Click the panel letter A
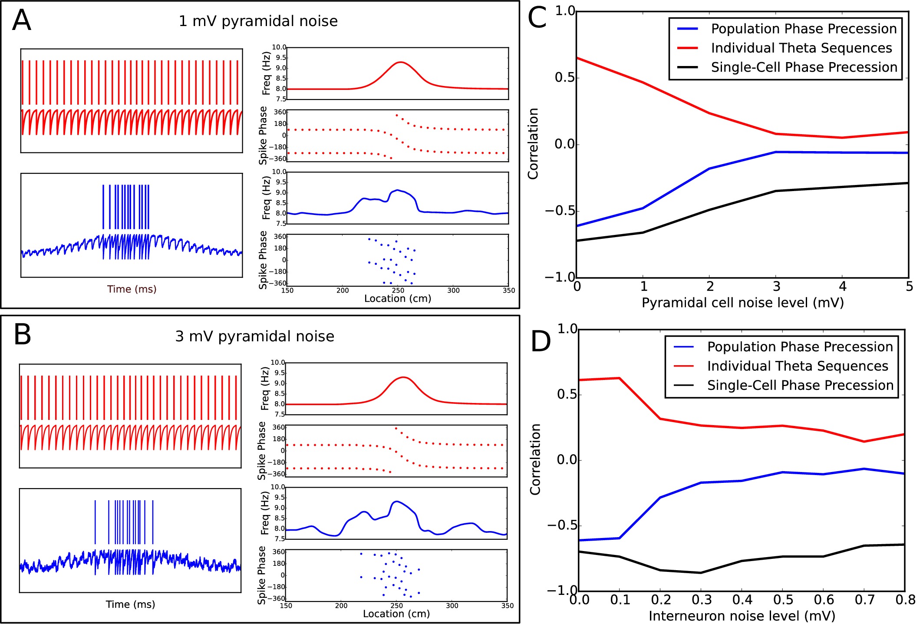click(22, 20)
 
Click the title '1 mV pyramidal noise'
click(258, 21)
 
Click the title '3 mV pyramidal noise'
click(255, 337)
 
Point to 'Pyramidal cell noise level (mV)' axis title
click(742, 303)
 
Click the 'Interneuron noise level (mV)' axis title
click(742, 616)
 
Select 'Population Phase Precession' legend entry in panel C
click(804, 29)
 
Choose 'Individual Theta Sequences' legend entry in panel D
click(798, 366)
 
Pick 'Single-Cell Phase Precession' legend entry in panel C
click(804, 67)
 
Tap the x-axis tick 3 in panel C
click(776, 287)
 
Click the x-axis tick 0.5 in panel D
click(783, 600)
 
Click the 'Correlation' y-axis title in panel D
click(535, 459)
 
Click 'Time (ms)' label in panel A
click(132, 289)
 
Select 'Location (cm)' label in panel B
click(396, 614)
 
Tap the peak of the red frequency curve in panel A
click(400, 62)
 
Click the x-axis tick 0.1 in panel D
click(620, 600)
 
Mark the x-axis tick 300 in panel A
click(453, 291)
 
